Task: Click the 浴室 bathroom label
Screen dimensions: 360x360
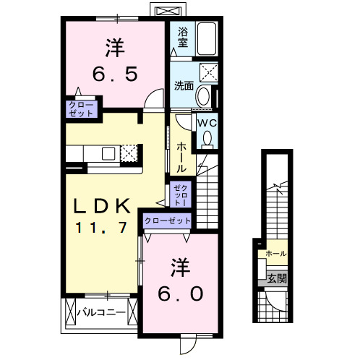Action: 183,38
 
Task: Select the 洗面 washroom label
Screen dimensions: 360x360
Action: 184,85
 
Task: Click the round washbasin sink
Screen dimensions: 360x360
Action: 204,95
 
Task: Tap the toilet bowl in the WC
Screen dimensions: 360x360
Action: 208,137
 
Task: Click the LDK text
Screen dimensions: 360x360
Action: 101,205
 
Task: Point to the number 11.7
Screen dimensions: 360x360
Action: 101,227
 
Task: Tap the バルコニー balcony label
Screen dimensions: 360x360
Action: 101,313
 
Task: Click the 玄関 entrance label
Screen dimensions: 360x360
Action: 276,278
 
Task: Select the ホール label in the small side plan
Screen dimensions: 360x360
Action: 275,254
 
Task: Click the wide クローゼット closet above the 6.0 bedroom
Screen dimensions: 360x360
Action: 167,220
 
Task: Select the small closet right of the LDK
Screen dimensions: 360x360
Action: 178,194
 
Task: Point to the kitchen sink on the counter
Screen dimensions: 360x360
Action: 107,153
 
